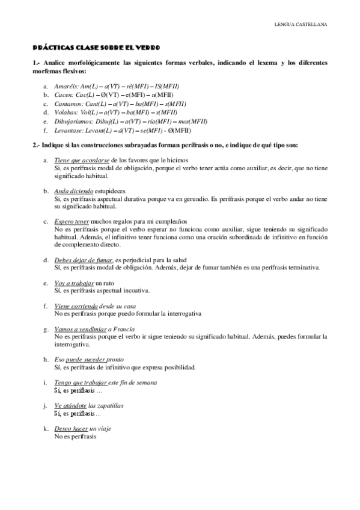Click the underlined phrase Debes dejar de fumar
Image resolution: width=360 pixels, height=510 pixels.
[83, 260]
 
